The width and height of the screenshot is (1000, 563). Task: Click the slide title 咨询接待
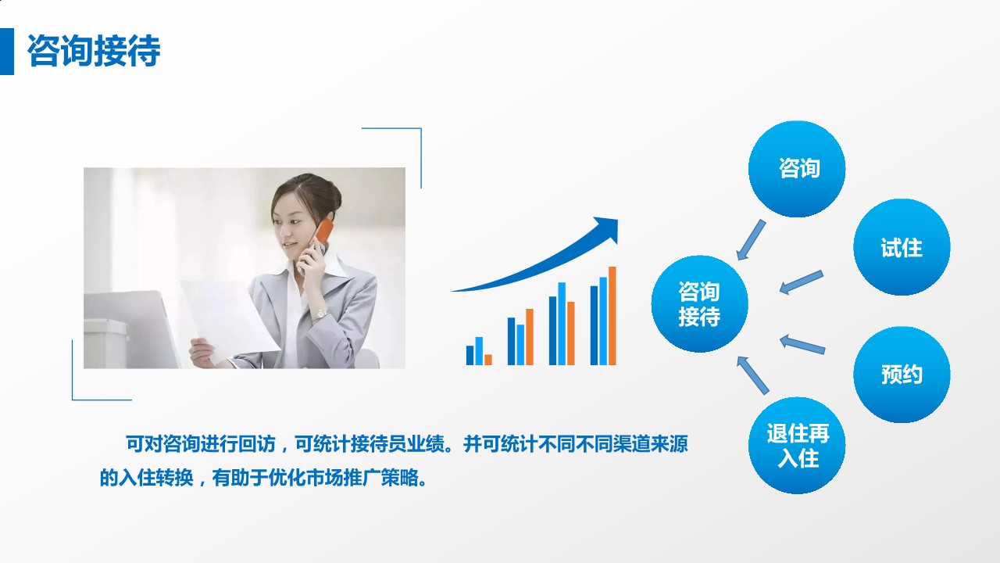(x=94, y=52)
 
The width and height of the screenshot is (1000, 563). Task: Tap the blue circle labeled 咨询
(x=797, y=169)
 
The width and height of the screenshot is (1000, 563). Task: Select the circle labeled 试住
(x=902, y=248)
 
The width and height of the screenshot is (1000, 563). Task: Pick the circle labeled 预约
(x=902, y=375)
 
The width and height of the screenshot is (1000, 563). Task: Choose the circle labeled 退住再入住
(x=797, y=446)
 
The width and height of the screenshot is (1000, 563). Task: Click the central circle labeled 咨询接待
(x=699, y=304)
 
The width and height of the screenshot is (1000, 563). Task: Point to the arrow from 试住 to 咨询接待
(x=801, y=282)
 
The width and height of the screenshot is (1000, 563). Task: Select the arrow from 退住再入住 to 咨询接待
(x=753, y=374)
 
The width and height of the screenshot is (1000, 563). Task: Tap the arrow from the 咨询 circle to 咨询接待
(x=752, y=239)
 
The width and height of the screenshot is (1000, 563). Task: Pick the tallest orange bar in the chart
(x=612, y=316)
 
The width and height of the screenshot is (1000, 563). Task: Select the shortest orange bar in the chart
(x=488, y=360)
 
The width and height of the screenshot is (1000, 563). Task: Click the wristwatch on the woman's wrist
(x=320, y=314)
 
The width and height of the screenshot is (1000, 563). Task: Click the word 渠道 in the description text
(x=607, y=445)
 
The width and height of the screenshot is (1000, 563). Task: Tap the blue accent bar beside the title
(x=7, y=52)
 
